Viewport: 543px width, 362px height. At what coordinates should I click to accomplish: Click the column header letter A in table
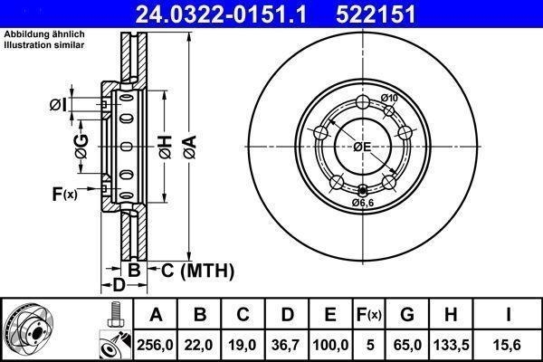click(x=156, y=315)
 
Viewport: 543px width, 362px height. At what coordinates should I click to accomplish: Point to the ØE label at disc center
click(x=363, y=147)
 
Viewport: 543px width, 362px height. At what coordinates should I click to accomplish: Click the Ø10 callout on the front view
click(x=389, y=98)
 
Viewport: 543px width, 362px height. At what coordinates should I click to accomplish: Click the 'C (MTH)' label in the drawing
click(x=197, y=271)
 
